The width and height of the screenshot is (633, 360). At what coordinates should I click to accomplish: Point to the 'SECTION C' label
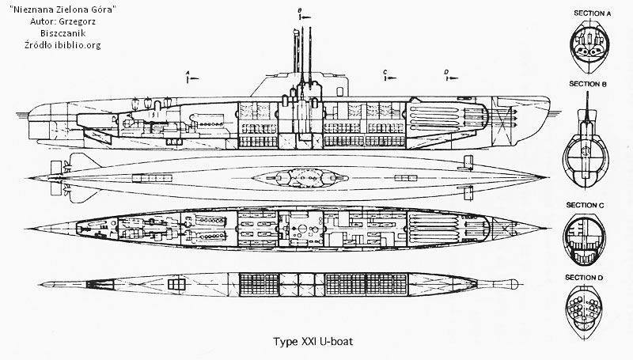pos(586,204)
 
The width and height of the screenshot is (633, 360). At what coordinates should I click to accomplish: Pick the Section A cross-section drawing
pos(586,44)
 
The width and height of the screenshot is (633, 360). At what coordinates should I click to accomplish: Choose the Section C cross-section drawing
pos(586,237)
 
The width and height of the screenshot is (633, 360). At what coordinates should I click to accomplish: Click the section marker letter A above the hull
pos(187,72)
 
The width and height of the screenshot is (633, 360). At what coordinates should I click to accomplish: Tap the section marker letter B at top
pos(301,9)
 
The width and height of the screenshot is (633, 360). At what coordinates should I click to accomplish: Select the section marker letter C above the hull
pos(385,72)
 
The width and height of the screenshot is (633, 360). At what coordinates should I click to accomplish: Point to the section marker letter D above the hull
pos(446,72)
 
